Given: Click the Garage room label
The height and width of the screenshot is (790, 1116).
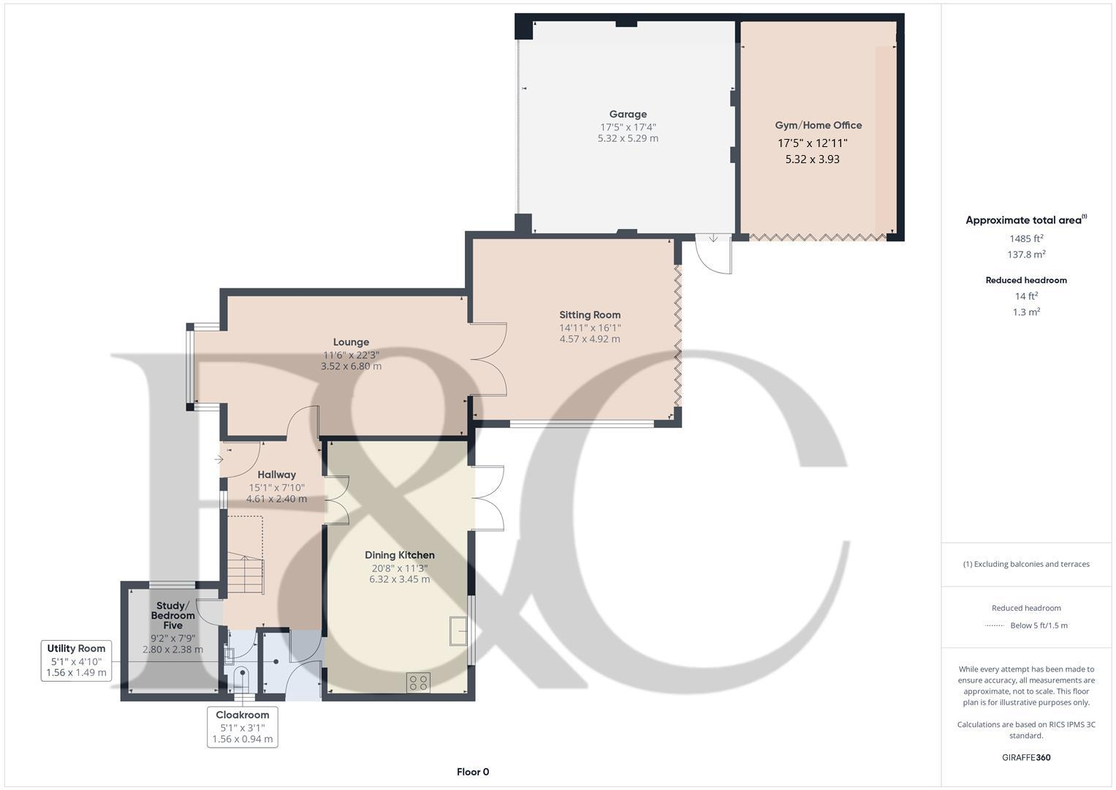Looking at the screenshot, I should tap(628, 114).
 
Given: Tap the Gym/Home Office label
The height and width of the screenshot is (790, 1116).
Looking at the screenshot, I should tap(818, 125).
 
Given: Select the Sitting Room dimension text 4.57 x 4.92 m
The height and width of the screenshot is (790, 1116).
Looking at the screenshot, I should tap(589, 339).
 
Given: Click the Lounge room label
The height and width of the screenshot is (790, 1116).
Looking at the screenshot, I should tap(351, 342).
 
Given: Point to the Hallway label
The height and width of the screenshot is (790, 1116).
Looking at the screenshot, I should tap(276, 475).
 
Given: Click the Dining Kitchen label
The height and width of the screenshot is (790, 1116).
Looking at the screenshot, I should tap(399, 555).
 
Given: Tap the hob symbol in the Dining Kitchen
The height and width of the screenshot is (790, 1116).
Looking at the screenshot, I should tap(419, 682).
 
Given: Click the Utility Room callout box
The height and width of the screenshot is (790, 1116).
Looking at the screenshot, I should tap(76, 661).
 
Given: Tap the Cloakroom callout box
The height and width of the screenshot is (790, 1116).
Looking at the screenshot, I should tap(242, 727).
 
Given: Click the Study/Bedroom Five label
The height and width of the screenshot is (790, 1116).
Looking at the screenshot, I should tap(172, 615).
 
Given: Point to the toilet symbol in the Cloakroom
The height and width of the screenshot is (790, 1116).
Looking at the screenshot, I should tap(240, 677).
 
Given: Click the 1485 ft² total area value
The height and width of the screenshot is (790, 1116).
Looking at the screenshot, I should tap(1025, 238).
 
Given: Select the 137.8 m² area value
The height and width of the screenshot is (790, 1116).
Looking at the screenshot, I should tap(1025, 255).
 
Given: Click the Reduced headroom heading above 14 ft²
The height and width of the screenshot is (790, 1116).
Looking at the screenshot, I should tap(1025, 280).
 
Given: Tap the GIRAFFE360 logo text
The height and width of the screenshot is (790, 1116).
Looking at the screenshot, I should tap(1025, 757).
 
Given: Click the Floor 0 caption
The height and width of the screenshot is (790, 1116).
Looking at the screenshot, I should tap(472, 772).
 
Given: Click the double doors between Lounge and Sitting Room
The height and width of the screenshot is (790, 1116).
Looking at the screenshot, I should tap(488, 360).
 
